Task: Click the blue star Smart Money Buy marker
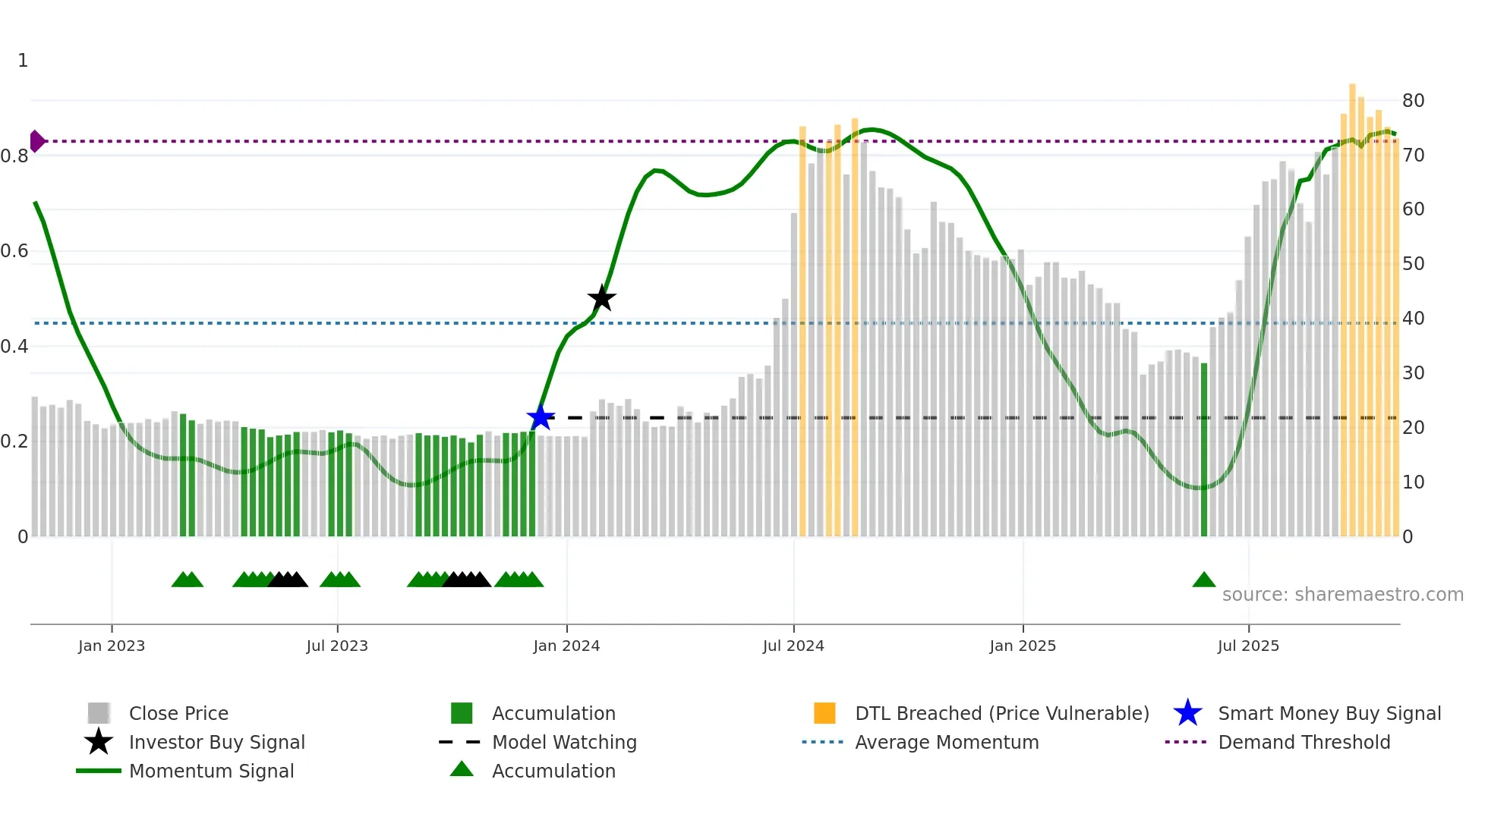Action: pyautogui.click(x=541, y=417)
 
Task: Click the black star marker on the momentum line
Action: pyautogui.click(x=601, y=299)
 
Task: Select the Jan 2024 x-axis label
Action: pyautogui.click(x=566, y=646)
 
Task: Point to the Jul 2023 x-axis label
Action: pyautogui.click(x=337, y=646)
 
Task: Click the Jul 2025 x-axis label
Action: pyautogui.click(x=1248, y=646)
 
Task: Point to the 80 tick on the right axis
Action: pyautogui.click(x=1413, y=101)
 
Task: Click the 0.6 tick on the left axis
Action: pyautogui.click(x=15, y=251)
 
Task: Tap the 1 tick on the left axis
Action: pyautogui.click(x=23, y=61)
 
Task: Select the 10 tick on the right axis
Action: pyautogui.click(x=1413, y=482)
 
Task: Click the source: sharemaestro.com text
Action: pyautogui.click(x=1342, y=595)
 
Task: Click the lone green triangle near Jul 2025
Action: pyautogui.click(x=1204, y=580)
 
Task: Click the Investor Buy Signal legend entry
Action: pyautogui.click(x=216, y=742)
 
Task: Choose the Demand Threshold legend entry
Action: pyautogui.click(x=1304, y=742)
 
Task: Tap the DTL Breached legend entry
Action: pyautogui.click(x=1001, y=713)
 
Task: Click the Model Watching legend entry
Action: pyautogui.click(x=564, y=742)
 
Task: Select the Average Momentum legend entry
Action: pyautogui.click(x=946, y=742)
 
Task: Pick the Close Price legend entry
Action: pyautogui.click(x=178, y=713)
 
